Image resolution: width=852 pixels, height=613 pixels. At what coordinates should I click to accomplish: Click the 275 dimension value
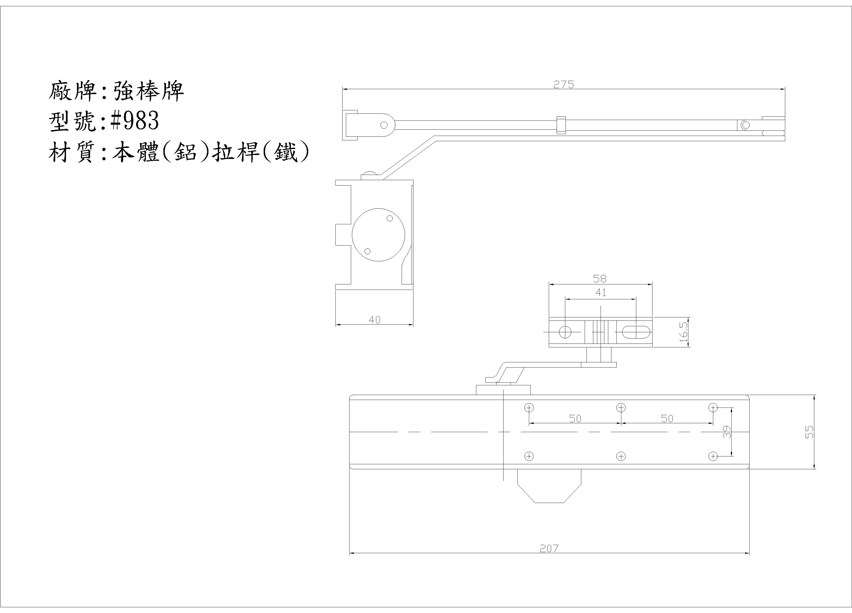(x=563, y=85)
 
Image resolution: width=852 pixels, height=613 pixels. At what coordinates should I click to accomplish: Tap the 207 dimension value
(x=549, y=548)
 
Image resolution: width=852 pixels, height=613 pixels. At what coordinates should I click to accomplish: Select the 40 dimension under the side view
(x=374, y=320)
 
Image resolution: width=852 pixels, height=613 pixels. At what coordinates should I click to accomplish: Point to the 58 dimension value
(x=600, y=279)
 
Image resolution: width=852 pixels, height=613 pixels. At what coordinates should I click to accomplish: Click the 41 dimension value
(x=601, y=293)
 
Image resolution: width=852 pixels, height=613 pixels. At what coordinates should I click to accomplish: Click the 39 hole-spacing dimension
(x=727, y=432)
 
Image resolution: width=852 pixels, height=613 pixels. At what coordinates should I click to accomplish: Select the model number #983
(x=135, y=121)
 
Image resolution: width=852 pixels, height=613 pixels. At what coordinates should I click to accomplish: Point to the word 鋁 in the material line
(x=186, y=153)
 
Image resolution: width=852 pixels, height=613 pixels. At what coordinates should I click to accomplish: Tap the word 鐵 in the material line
(x=286, y=153)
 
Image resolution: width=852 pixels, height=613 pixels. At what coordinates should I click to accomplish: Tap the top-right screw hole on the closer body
(x=713, y=408)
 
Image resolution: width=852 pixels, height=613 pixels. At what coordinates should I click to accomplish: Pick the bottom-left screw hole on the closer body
(x=529, y=456)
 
